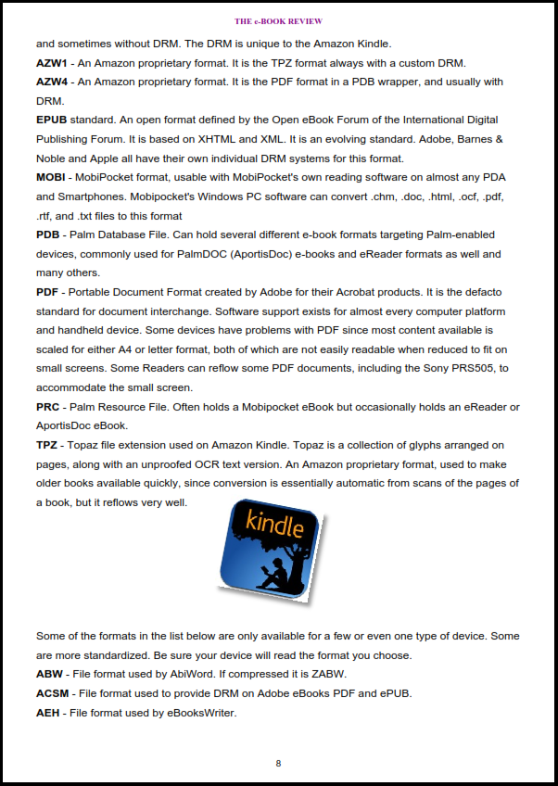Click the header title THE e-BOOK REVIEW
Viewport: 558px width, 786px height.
(x=278, y=20)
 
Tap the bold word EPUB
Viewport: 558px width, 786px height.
(x=53, y=120)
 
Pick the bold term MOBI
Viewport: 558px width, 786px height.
(x=53, y=177)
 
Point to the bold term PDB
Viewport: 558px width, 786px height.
(x=48, y=235)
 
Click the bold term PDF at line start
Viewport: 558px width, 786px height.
(x=48, y=292)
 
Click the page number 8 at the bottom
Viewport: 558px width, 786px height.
(x=278, y=764)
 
